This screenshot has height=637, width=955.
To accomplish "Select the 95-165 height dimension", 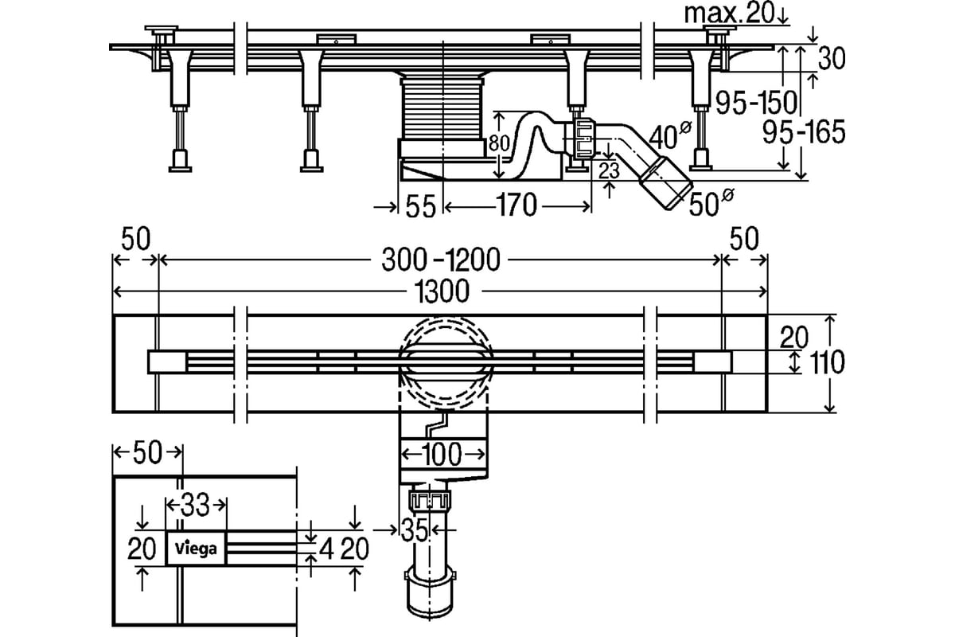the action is pos(804,132).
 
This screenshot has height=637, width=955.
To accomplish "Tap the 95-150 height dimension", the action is pos(756,103).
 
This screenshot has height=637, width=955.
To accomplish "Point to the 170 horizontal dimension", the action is pos(516,205).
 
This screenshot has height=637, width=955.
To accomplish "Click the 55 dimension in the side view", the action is pos(420,206).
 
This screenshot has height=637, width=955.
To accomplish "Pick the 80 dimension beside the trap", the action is pos(499,144).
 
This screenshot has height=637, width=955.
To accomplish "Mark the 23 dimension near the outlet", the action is pos(609,170).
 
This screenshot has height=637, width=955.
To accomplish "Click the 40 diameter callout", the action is pos(669,135).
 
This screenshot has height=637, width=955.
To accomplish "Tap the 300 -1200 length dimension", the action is pos(441,260).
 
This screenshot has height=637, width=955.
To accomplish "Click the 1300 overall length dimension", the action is pos(442,292).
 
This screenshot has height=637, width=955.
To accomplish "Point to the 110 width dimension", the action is pos(827,362).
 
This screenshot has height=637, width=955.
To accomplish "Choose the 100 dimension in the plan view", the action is pos(442,454).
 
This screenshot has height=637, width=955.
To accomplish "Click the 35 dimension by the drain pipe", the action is pos(414,530).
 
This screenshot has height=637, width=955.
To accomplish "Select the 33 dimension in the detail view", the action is pos(195,505).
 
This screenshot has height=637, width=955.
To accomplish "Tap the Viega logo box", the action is pos(196,549).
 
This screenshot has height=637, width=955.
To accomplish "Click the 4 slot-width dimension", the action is pos(326,550).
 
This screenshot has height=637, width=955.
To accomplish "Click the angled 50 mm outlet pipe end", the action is pos(665,183).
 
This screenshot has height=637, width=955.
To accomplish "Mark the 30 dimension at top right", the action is pos(832,58).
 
